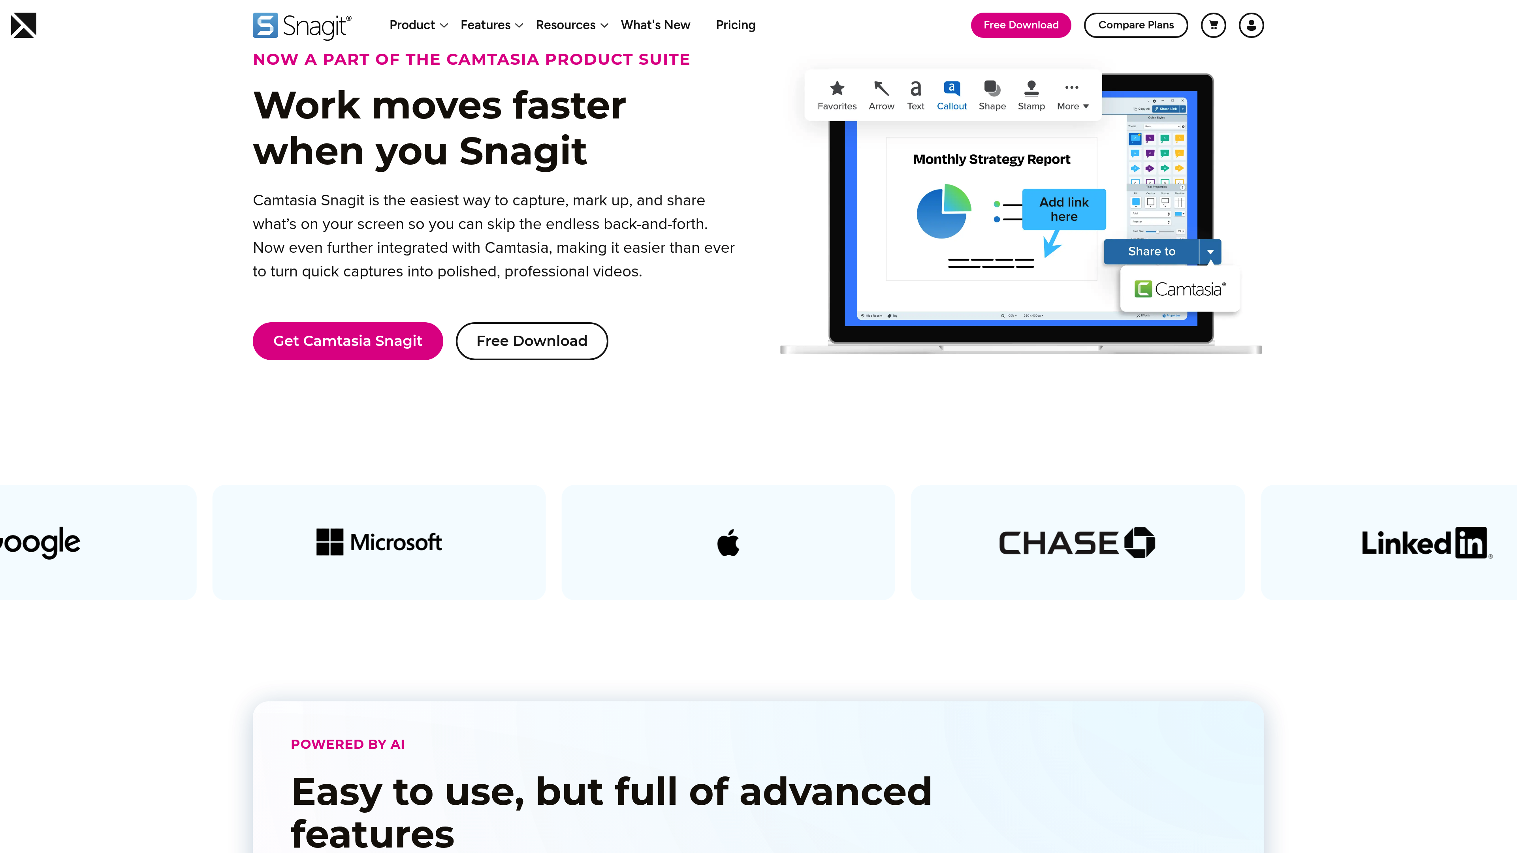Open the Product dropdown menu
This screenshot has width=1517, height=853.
click(x=418, y=25)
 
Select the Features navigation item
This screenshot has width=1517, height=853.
click(x=491, y=25)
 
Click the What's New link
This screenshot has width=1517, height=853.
click(x=655, y=25)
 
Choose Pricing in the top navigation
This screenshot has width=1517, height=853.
click(x=735, y=25)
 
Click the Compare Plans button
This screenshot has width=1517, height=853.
click(x=1135, y=25)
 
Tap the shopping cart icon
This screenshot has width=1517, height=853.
click(x=1213, y=25)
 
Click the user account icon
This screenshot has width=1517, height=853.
click(x=1251, y=25)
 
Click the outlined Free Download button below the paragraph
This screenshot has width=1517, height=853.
click(x=531, y=341)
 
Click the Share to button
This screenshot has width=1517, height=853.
click(x=1151, y=252)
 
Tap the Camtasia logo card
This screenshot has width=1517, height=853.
click(x=1180, y=289)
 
